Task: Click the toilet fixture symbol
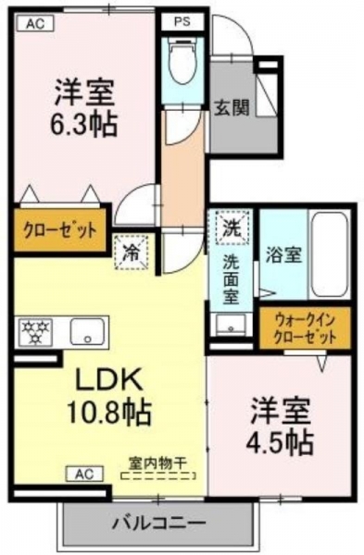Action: tap(182, 61)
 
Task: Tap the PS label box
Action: tap(182, 22)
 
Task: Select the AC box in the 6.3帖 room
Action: tap(35, 24)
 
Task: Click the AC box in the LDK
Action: tap(85, 474)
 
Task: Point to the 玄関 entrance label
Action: tap(232, 107)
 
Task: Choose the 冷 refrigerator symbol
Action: tap(132, 253)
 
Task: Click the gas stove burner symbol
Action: tap(35, 332)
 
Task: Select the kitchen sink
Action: tap(87, 331)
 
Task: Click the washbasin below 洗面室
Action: tap(231, 325)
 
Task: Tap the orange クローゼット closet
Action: tap(60, 230)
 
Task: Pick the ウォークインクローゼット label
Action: tap(305, 327)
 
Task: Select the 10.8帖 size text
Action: tap(108, 413)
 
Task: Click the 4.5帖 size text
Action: tap(280, 442)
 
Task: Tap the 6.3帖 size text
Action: tap(83, 125)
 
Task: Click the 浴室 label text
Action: tap(284, 255)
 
